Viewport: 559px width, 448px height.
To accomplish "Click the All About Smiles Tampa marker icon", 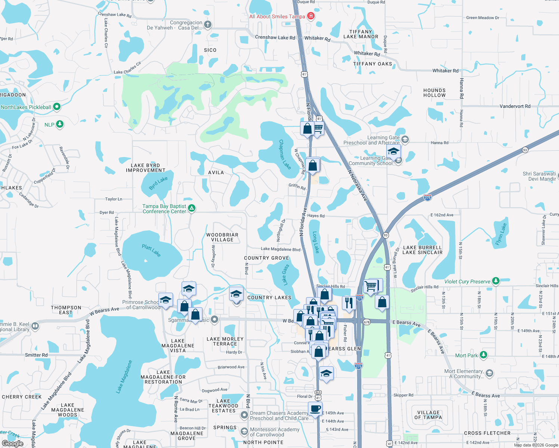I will click(311, 16).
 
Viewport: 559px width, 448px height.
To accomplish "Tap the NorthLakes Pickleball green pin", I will click(57, 107).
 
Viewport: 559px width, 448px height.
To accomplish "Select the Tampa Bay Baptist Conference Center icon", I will click(192, 208).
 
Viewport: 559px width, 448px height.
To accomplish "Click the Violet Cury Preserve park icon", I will click(496, 281).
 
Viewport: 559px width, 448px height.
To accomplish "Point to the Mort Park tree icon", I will click(484, 355).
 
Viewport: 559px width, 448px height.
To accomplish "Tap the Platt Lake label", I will click(151, 250).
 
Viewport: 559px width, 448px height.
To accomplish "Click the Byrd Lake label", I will click(158, 183).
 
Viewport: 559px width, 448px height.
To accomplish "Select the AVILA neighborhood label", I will click(216, 172).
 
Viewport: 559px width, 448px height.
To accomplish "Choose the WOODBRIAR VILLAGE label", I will click(222, 237).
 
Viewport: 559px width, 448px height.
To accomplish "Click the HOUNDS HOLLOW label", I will click(435, 93).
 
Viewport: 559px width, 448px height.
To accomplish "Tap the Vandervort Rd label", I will click(515, 106).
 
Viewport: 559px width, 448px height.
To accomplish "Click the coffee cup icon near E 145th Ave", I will click(315, 408).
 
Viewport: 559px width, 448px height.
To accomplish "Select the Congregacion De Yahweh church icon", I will click(208, 25).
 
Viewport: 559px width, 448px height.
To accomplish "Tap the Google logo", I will click(12, 443).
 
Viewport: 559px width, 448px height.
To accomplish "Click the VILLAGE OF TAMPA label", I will click(428, 415).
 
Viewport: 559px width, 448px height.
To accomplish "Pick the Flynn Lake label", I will click(501, 234).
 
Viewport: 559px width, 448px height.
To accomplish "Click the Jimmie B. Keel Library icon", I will click(35, 326).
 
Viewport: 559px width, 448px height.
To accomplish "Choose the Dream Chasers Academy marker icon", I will click(244, 415).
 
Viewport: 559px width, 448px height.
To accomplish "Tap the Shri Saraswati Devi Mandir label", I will click(539, 176).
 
